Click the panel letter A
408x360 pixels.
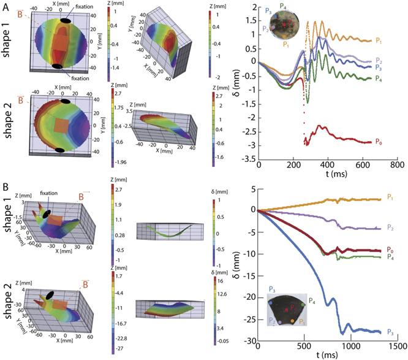point(5,6)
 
